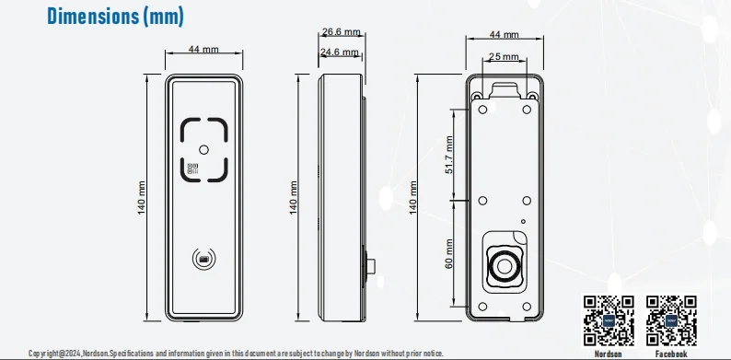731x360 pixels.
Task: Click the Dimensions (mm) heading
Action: (116, 17)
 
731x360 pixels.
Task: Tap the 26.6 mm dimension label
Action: (342, 32)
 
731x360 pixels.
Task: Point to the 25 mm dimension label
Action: (504, 57)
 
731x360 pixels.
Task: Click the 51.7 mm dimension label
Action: (449, 155)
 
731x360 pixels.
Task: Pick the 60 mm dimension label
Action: (449, 254)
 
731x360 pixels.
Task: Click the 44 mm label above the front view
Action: (203, 50)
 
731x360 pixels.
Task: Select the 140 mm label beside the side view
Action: (294, 198)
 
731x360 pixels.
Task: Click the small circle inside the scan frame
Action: (203, 150)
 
